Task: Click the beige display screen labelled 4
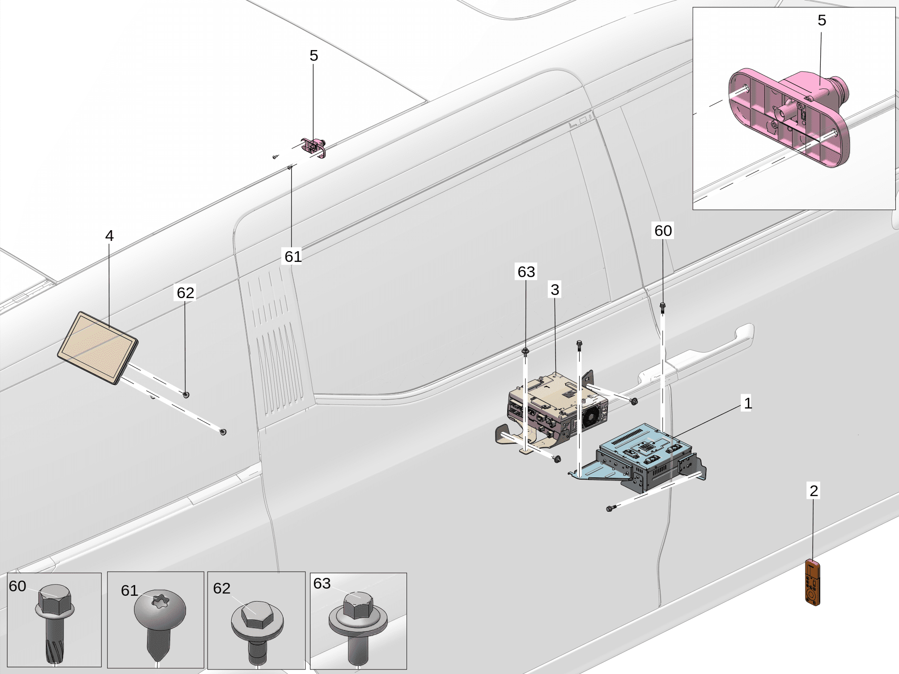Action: pyautogui.click(x=98, y=348)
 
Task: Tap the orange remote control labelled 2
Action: pyautogui.click(x=813, y=583)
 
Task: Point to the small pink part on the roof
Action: pyautogui.click(x=314, y=147)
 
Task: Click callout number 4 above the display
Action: pyautogui.click(x=109, y=236)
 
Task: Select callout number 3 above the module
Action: pyautogui.click(x=555, y=290)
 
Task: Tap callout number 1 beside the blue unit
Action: pyautogui.click(x=747, y=403)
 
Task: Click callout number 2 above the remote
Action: pyautogui.click(x=814, y=491)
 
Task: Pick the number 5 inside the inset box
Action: pyautogui.click(x=822, y=20)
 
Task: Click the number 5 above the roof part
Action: pyautogui.click(x=314, y=55)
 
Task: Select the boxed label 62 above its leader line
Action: pyautogui.click(x=185, y=293)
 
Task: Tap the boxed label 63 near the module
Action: pyautogui.click(x=526, y=272)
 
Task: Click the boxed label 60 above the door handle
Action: pyautogui.click(x=663, y=231)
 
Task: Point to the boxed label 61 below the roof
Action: pyautogui.click(x=293, y=257)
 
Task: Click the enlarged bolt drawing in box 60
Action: pyautogui.click(x=55, y=621)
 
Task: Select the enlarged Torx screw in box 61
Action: pyautogui.click(x=160, y=621)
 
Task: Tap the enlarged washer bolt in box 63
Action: pyautogui.click(x=358, y=621)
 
